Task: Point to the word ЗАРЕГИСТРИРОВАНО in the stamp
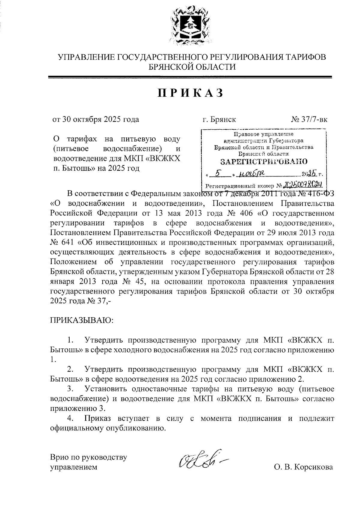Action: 264,162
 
